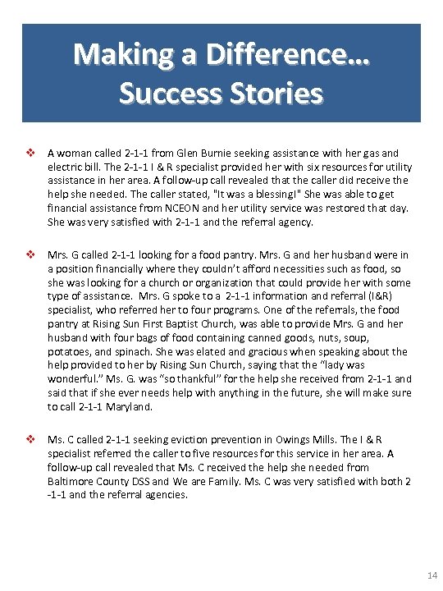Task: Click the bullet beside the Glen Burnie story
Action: click(33, 153)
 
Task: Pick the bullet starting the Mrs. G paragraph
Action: click(33, 255)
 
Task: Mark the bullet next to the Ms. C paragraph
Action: click(33, 438)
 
